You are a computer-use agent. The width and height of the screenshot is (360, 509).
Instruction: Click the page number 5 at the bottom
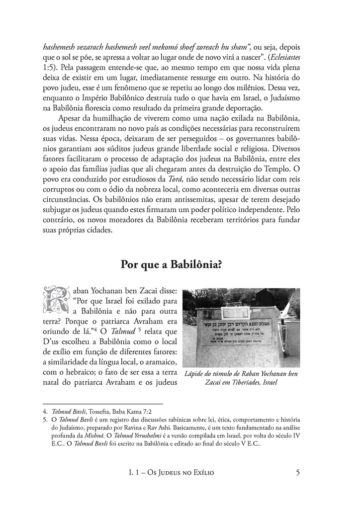(x=298, y=472)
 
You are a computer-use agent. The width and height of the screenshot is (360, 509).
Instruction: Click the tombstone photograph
(x=241, y=328)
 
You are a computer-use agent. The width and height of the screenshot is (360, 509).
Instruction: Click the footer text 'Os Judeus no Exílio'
(x=181, y=473)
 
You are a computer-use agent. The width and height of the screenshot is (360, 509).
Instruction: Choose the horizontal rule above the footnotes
(x=103, y=404)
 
